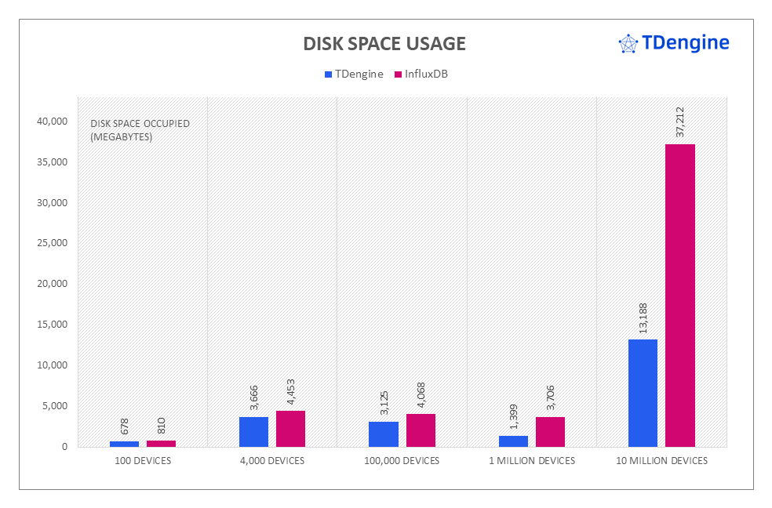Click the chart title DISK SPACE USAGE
[x=384, y=44]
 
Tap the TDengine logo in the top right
[x=674, y=43]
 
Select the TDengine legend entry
[x=354, y=74]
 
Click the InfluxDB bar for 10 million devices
[x=680, y=295]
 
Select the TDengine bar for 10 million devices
[x=643, y=393]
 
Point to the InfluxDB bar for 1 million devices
[x=550, y=431]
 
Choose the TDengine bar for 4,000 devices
[x=253, y=431]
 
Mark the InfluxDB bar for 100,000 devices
[x=421, y=430]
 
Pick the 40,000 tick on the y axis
[x=51, y=122]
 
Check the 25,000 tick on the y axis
[x=51, y=243]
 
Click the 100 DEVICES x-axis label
[x=142, y=461]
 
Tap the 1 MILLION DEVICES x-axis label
[x=532, y=461]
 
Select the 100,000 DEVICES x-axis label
[x=402, y=461]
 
